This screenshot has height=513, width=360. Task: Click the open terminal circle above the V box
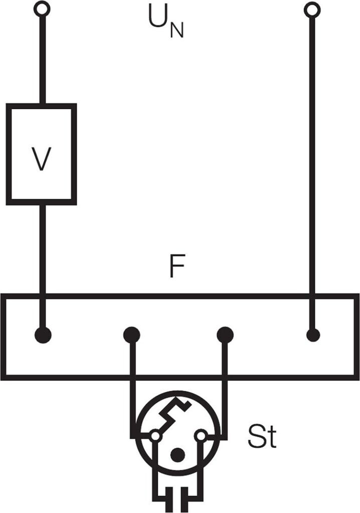[42, 9]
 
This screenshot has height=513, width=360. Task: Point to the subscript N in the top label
[176, 31]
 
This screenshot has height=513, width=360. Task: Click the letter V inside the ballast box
[41, 159]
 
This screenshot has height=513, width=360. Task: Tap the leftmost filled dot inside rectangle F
[43, 335]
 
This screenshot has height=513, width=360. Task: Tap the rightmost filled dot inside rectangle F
[313, 335]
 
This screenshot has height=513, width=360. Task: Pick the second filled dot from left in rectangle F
[132, 335]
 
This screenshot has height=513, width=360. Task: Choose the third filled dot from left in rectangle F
[225, 335]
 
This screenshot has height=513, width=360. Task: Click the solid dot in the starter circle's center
[177, 455]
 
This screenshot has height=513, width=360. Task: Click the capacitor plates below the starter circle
[177, 500]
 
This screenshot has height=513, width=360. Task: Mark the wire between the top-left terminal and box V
[42, 60]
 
